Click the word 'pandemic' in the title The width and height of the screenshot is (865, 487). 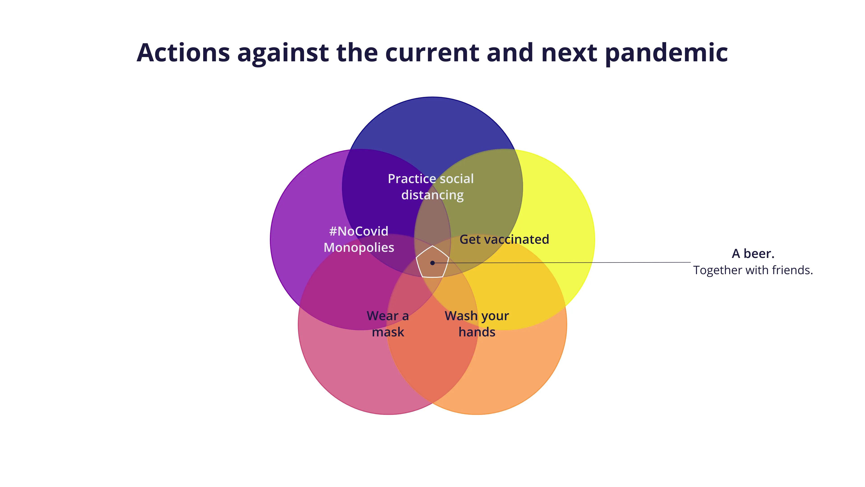pyautogui.click(x=666, y=53)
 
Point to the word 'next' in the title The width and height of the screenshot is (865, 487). pyautogui.click(x=569, y=53)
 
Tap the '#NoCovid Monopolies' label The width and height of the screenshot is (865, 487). pyautogui.click(x=359, y=239)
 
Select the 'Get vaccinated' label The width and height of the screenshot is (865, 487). pyautogui.click(x=504, y=239)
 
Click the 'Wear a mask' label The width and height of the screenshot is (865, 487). pyautogui.click(x=388, y=324)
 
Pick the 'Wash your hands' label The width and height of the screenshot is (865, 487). pyautogui.click(x=477, y=324)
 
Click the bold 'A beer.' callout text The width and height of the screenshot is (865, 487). pyautogui.click(x=753, y=254)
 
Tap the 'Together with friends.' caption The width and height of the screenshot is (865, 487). pyautogui.click(x=753, y=270)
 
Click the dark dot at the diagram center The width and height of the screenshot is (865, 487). pyautogui.click(x=432, y=263)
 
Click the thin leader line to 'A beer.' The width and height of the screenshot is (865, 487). pyautogui.click(x=571, y=262)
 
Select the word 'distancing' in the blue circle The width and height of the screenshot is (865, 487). pyautogui.click(x=432, y=195)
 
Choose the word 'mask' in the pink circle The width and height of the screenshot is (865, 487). pyautogui.click(x=388, y=332)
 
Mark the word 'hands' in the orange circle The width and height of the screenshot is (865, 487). pyautogui.click(x=477, y=332)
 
